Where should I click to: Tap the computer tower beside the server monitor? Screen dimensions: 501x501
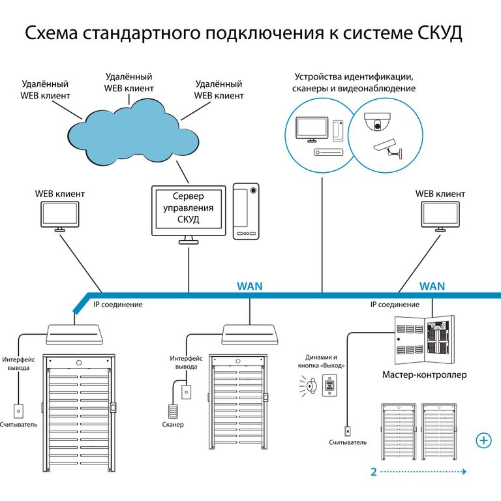[246, 211]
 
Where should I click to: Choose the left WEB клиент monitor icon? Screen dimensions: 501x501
[59, 216]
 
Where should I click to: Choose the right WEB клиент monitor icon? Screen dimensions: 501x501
[440, 216]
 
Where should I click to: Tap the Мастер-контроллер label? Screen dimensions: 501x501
[424, 375]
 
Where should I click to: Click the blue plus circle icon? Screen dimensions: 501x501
[484, 440]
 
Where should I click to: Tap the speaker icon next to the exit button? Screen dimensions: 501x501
[310, 386]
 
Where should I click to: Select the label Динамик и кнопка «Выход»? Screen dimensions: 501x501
[325, 361]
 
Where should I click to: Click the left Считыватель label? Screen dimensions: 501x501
[19, 425]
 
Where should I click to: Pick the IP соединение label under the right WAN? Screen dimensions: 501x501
[395, 305]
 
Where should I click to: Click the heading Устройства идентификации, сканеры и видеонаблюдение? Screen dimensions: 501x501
[354, 82]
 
